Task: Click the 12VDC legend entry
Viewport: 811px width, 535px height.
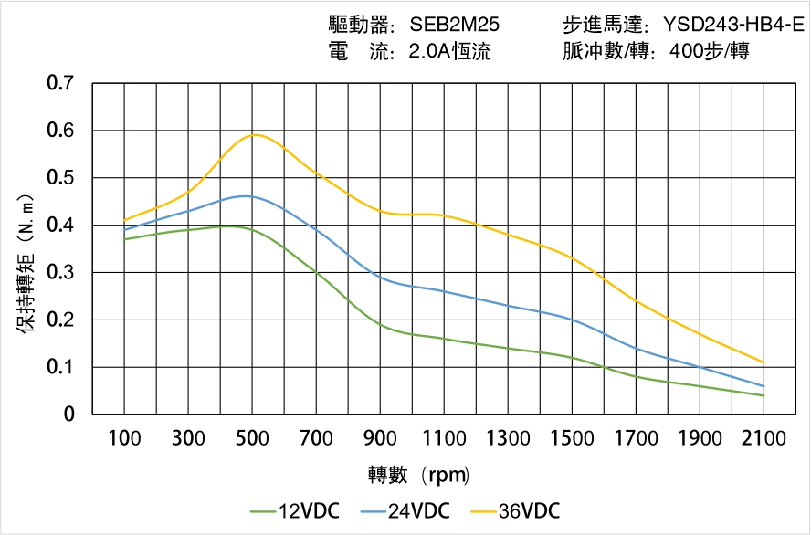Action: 295,510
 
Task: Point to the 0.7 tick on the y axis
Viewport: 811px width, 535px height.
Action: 61,83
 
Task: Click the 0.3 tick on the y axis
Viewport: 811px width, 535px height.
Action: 61,272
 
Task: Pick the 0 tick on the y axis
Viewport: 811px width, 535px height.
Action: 69,414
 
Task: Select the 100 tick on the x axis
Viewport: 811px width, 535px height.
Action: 124,438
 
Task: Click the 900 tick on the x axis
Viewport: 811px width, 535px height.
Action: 380,438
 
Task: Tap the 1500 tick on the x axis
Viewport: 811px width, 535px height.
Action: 572,438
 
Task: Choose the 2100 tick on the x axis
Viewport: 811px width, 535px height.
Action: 764,438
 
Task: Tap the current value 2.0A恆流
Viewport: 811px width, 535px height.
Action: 450,51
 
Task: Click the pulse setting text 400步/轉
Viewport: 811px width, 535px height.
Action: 710,51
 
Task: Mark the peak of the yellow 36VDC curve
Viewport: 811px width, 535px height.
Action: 255,134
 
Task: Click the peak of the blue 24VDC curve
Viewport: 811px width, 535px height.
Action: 246,195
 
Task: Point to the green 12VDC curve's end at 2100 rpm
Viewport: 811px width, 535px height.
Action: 764,395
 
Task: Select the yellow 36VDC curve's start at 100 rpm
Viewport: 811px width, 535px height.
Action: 125,220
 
